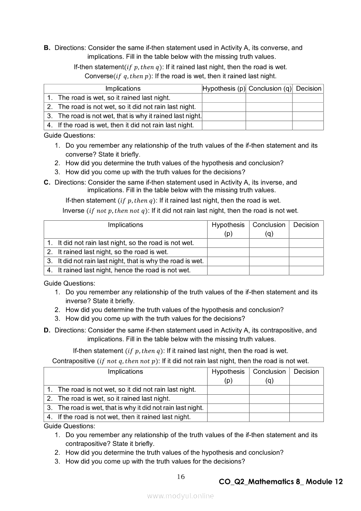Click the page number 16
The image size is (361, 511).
181,477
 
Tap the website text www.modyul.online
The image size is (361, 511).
180,496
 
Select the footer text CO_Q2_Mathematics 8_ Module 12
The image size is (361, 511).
281,482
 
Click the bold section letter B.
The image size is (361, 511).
47,48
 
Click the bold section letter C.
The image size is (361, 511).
47,182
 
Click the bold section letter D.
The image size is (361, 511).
47,330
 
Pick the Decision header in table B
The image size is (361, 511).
309,88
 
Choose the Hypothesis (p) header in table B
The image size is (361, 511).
224,88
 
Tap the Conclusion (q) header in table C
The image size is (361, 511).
269,229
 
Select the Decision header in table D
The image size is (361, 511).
306,372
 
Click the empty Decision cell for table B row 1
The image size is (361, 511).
308,98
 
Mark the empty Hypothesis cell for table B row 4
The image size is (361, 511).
224,125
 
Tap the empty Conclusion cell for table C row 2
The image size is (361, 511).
269,252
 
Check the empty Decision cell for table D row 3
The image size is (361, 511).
306,408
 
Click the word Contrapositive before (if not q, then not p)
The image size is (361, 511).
73,361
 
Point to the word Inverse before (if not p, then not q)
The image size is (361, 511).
73,211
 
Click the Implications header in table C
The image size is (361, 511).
125,225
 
